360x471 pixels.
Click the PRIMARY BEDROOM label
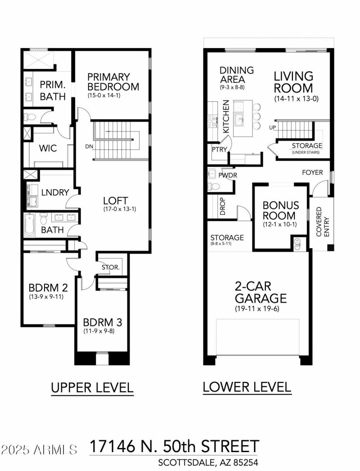113,82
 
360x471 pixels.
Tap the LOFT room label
116,201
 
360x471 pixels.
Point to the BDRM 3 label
102,322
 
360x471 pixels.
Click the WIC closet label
48,148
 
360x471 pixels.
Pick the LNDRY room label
55,192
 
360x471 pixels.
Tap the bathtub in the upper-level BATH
29,225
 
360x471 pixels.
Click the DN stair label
89,147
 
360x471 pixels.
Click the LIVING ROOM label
293,82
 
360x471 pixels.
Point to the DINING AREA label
237,75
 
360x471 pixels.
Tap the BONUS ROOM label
279,210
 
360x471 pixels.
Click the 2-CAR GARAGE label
261,292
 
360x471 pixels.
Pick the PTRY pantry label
219,150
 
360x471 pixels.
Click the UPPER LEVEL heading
92,388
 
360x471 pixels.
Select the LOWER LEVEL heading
247,387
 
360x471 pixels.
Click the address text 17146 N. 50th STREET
174,447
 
